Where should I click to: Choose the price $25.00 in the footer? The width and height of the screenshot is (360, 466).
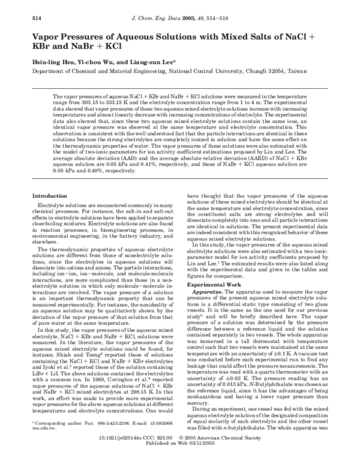[x=190, y=447]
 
